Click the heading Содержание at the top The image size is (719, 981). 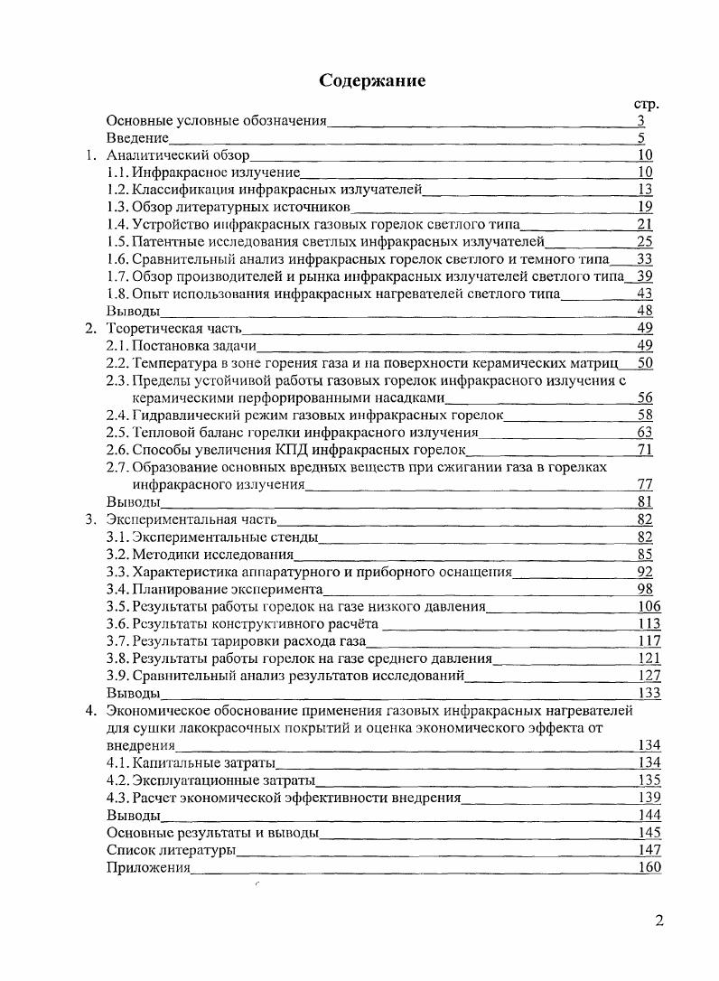371,80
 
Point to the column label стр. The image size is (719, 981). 647,104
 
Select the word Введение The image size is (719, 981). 137,138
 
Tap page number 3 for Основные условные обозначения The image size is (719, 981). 640,121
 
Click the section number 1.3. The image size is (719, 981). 117,207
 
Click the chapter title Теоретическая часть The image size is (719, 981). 173,328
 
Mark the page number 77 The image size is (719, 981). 645,484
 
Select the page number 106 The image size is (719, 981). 649,606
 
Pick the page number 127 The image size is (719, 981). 649,675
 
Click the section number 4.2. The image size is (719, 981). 117,780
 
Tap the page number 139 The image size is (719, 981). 649,798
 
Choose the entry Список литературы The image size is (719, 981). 172,850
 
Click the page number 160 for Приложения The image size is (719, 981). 649,867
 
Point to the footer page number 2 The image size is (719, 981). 659,921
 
